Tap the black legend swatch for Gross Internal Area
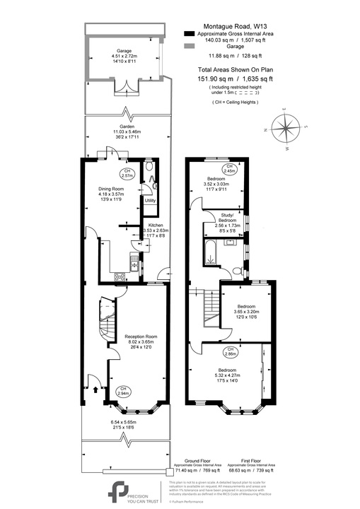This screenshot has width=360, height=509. coord(187,33)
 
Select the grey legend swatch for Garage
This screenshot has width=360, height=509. coord(187,45)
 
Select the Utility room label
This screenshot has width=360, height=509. coord(150,201)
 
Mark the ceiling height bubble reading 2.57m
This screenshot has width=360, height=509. coord(127,173)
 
